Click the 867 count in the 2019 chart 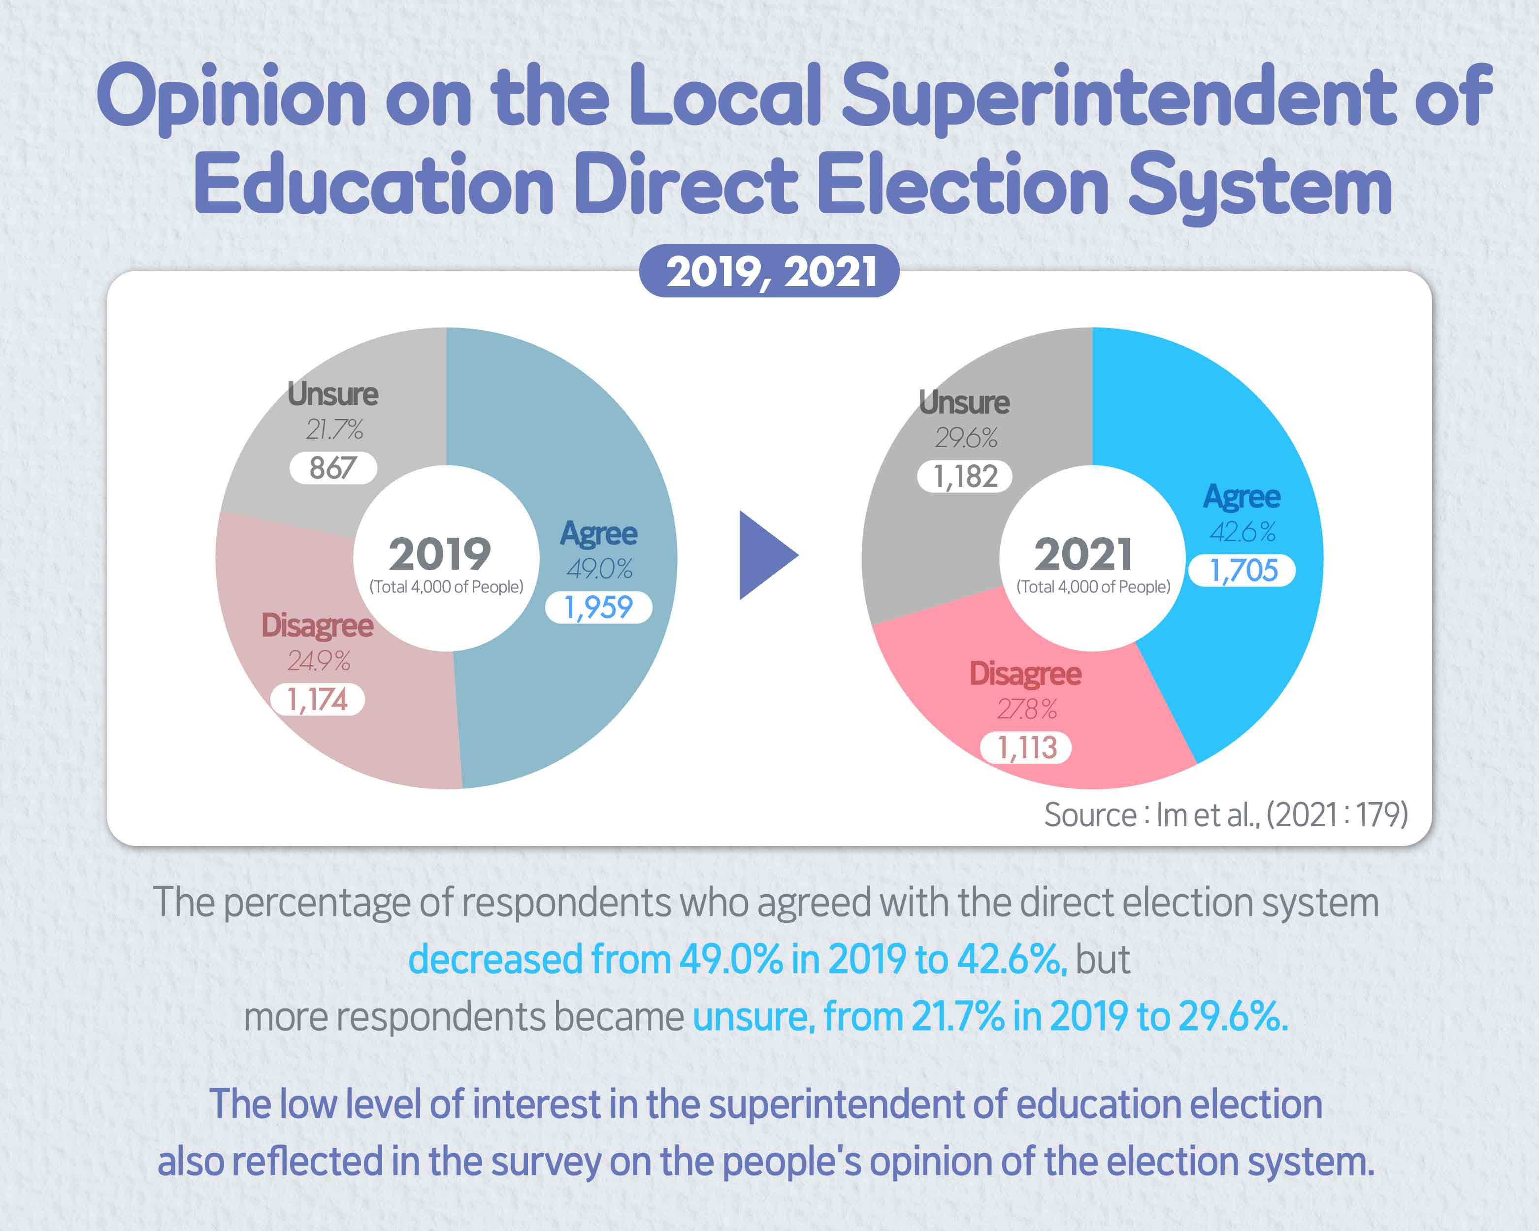(x=332, y=468)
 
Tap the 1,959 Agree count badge (x=598, y=607)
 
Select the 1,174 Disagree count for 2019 (x=317, y=699)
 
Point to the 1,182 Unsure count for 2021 (x=964, y=476)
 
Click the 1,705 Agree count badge (x=1242, y=570)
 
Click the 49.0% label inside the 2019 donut (x=600, y=569)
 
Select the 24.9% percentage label (x=318, y=661)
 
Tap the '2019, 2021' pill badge (x=769, y=271)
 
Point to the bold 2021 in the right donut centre (x=1083, y=554)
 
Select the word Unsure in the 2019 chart (x=332, y=394)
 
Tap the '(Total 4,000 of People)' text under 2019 (x=446, y=586)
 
